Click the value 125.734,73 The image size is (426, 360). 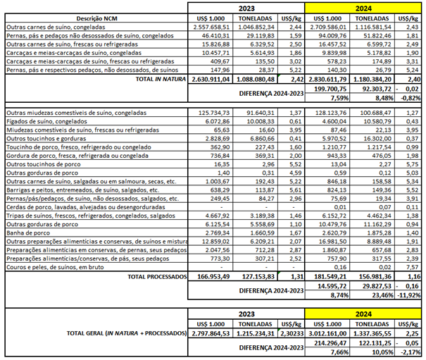(x=215, y=113)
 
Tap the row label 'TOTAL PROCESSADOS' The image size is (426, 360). (x=147, y=277)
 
